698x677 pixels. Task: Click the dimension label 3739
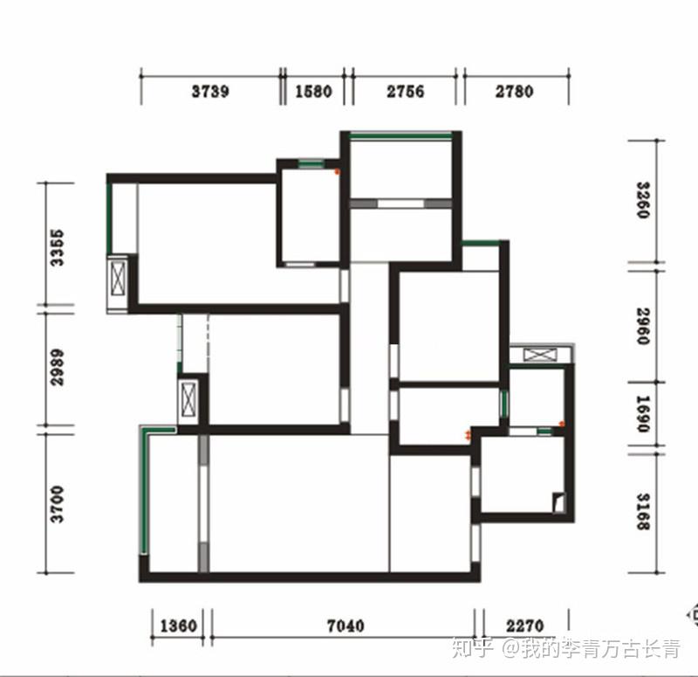click(x=210, y=92)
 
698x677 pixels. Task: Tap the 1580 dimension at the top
click(x=313, y=92)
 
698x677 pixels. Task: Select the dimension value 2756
click(x=405, y=92)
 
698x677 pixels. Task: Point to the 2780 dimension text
click(x=514, y=92)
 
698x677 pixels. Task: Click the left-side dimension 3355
click(x=57, y=248)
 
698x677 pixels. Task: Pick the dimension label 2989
click(x=57, y=367)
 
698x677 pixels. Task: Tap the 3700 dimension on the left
click(x=57, y=504)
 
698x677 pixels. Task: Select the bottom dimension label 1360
click(x=178, y=625)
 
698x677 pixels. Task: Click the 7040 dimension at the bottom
click(x=346, y=625)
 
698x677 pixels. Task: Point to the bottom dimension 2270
click(x=525, y=625)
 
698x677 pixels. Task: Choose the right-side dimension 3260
click(x=643, y=200)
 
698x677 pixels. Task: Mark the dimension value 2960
click(x=643, y=326)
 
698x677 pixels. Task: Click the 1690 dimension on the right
click(x=643, y=413)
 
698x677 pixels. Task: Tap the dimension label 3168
click(x=643, y=511)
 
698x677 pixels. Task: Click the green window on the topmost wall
click(x=400, y=136)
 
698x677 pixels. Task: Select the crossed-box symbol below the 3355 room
click(x=119, y=279)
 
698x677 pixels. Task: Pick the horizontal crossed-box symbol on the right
click(x=540, y=355)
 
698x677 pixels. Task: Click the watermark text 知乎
click(x=473, y=647)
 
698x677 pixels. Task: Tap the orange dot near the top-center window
click(x=337, y=171)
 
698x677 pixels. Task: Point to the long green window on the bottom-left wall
click(x=144, y=494)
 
